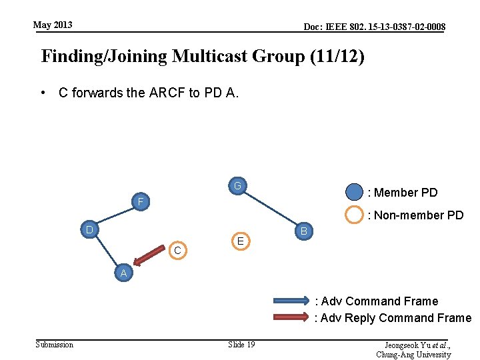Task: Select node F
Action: coord(141,201)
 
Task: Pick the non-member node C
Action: coord(177,250)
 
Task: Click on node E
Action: coord(241,241)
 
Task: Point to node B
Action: coord(303,231)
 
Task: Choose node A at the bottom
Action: coord(123,273)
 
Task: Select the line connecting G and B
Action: coord(270,209)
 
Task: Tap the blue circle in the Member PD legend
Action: coord(355,193)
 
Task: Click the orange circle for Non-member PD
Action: coord(355,215)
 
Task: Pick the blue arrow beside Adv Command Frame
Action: coord(291,301)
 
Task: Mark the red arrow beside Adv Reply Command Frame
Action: coord(291,317)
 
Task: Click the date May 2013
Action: coord(53,25)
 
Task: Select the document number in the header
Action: coord(374,27)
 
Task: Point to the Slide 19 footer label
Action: coord(241,344)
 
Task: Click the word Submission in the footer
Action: coord(54,344)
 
